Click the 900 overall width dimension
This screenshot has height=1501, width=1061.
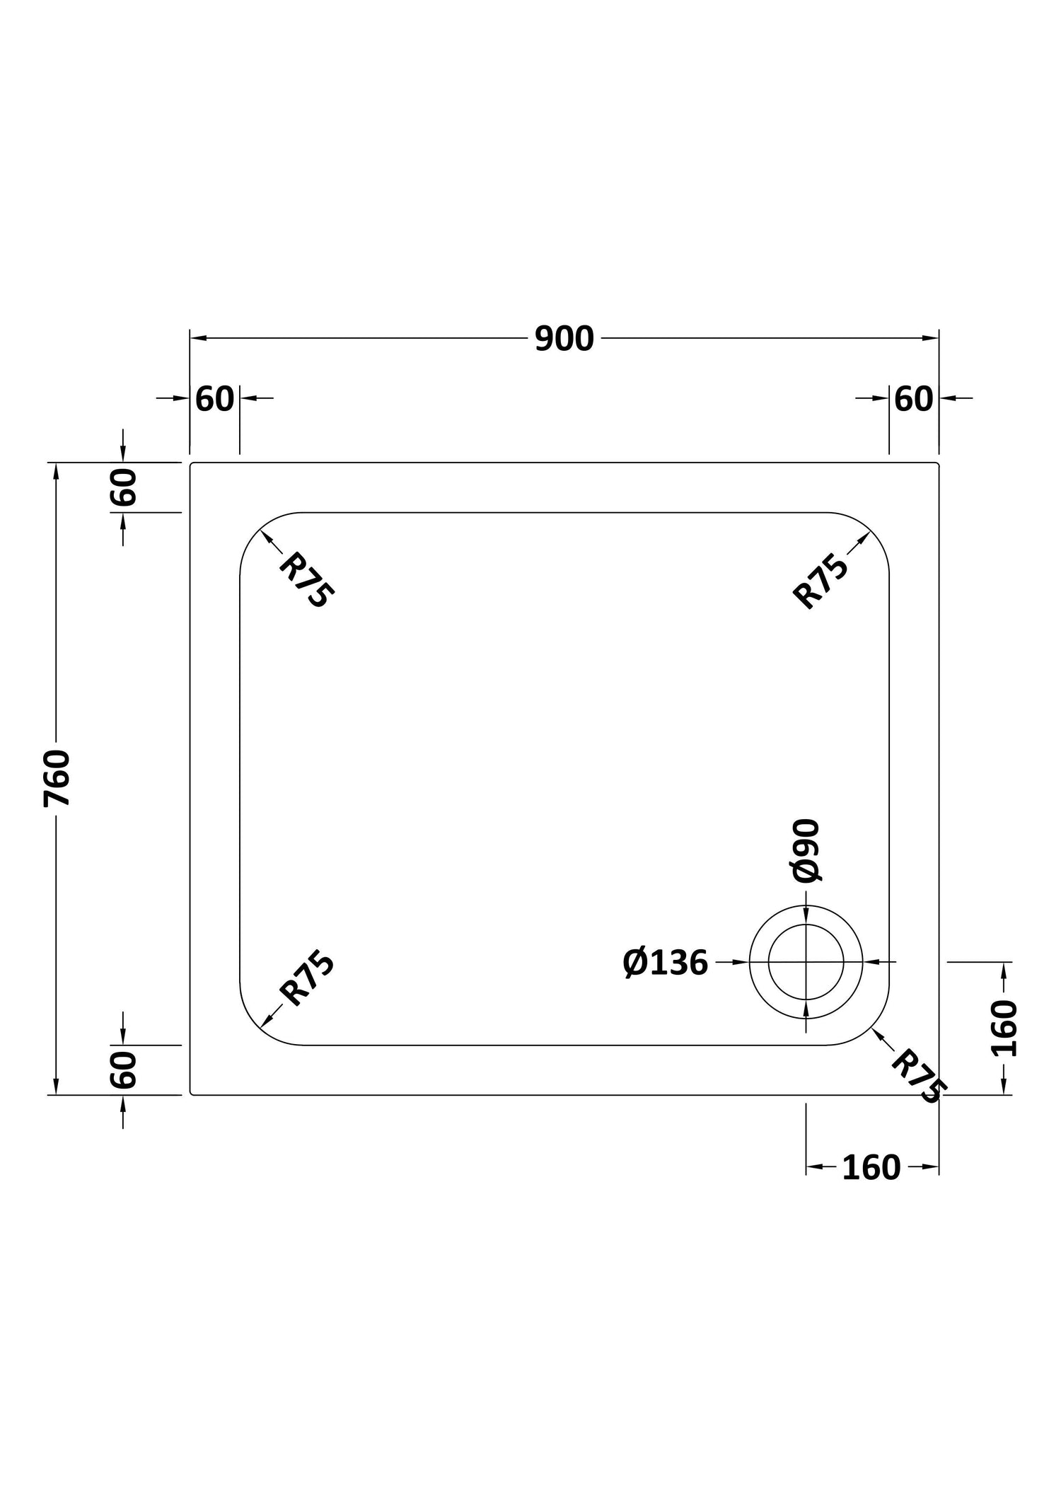pos(564,339)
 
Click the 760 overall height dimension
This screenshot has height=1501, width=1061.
pos(57,778)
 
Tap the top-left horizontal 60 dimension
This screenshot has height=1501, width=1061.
pos(214,400)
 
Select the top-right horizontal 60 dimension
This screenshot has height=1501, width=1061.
pos(914,400)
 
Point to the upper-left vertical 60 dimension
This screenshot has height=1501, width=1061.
pos(123,487)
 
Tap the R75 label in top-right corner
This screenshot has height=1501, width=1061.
pos(821,581)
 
